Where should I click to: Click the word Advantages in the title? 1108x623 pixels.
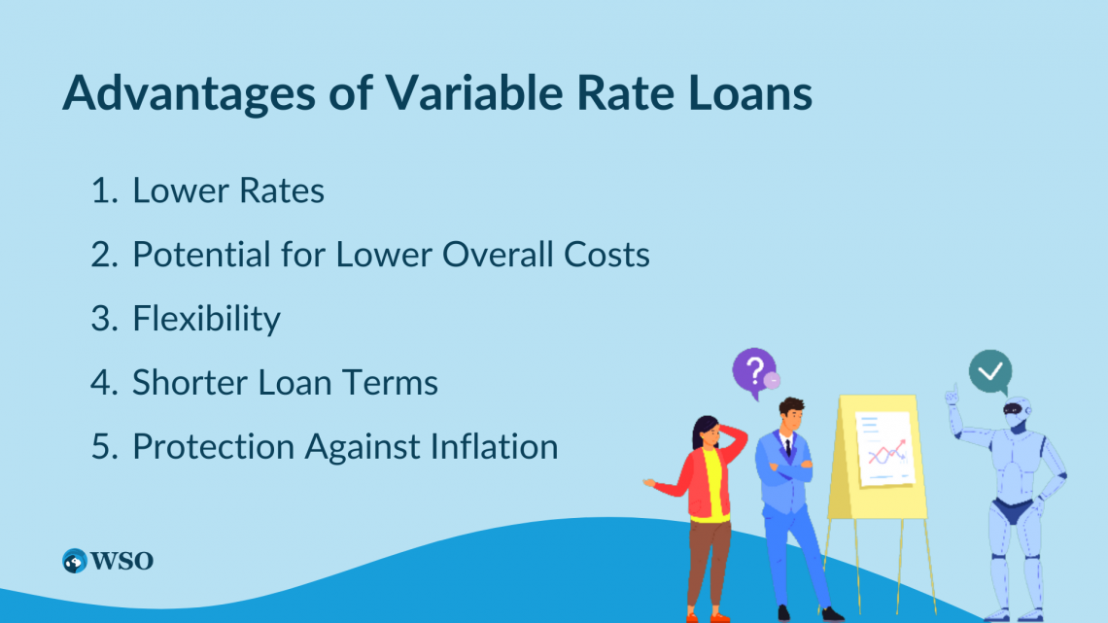click(189, 93)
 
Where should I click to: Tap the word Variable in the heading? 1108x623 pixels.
click(473, 91)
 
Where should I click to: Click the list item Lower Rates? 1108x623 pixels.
click(228, 190)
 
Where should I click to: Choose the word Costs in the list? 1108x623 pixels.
click(606, 255)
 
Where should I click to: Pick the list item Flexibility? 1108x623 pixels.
click(206, 319)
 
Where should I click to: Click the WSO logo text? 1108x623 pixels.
click(122, 561)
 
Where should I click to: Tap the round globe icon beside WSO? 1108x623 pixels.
click(74, 561)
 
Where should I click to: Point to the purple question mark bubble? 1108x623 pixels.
click(754, 372)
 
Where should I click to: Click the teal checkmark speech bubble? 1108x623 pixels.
click(990, 372)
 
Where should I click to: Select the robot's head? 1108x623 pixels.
click(1016, 412)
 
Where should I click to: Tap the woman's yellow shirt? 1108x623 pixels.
click(710, 486)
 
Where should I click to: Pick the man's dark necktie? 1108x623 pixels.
click(788, 446)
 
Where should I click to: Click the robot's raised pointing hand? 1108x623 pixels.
click(952, 395)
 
